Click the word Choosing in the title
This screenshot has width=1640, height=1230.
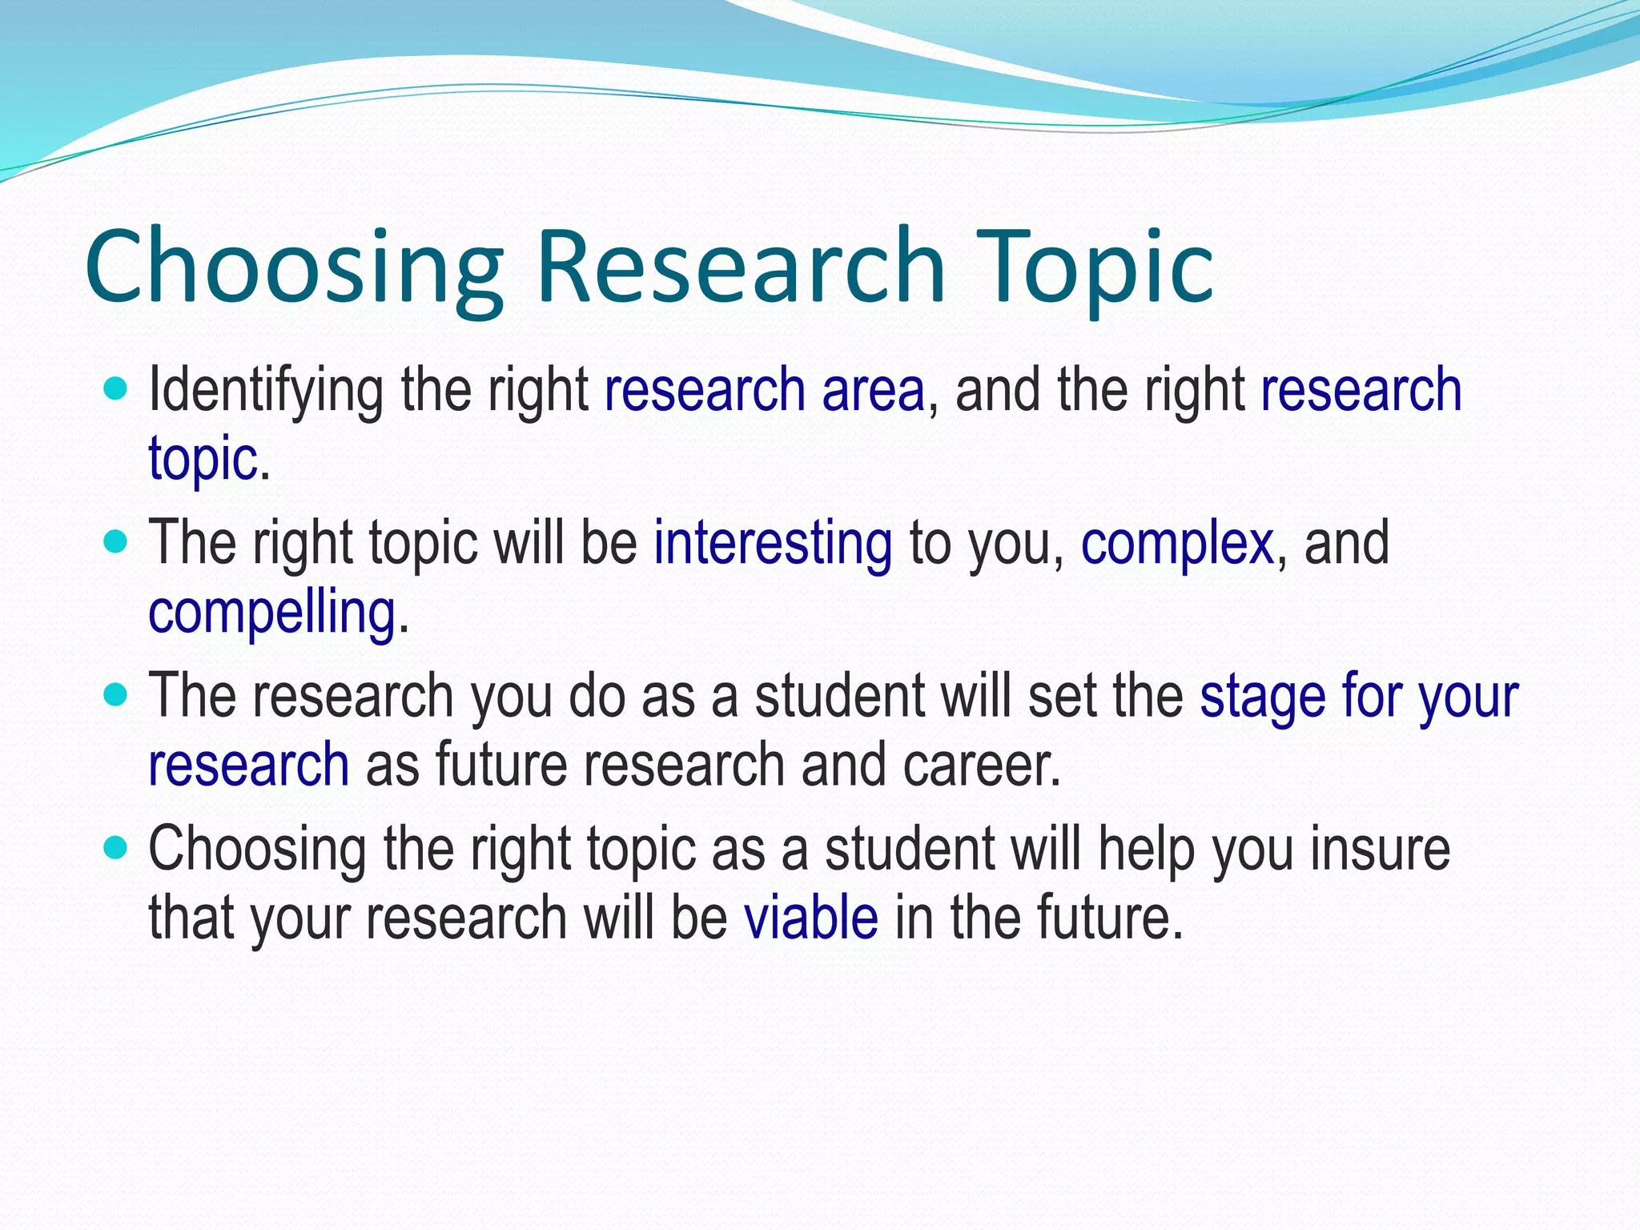pos(293,268)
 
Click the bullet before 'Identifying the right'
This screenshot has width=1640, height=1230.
pos(116,391)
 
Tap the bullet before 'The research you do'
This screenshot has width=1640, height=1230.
pos(116,696)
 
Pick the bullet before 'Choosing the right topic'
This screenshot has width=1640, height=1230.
pos(116,849)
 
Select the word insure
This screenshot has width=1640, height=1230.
pos(1380,849)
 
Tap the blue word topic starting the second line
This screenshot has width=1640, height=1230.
pos(203,460)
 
